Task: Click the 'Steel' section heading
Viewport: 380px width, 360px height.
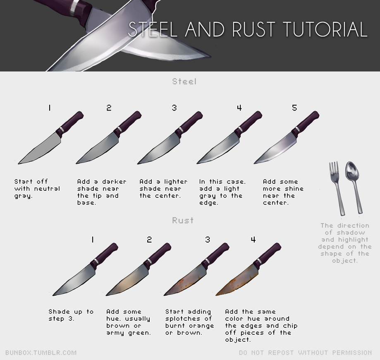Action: pos(184,82)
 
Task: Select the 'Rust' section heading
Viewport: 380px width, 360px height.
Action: pos(183,220)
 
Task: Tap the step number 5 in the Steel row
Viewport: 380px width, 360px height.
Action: pos(294,108)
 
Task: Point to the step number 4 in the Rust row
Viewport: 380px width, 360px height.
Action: pos(253,240)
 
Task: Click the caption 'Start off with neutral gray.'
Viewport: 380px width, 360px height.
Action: pos(37,188)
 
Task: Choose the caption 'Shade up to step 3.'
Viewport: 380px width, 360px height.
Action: pos(71,315)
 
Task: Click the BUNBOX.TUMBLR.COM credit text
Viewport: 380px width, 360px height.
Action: pos(41,353)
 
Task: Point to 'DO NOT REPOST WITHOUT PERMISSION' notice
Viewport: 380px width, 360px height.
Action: pos(305,353)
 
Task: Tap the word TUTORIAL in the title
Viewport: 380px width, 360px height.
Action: pos(325,29)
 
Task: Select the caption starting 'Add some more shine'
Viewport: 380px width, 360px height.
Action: pos(283,192)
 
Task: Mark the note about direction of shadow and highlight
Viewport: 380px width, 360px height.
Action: pos(344,243)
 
